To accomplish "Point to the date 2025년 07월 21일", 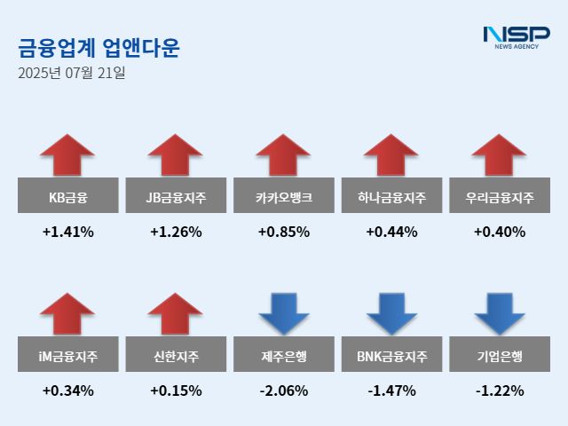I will (71, 72).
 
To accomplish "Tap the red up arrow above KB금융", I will (67, 154).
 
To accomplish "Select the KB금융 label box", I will (67, 196).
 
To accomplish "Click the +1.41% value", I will (67, 233).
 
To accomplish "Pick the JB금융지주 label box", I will (176, 196).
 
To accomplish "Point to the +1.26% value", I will (176, 233).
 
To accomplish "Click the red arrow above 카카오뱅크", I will (284, 154).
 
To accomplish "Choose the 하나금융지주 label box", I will (391, 196).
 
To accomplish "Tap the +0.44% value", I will (391, 233).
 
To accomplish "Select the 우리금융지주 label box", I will (500, 196).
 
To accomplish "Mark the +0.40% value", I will (500, 233).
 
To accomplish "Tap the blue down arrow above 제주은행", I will (284, 313).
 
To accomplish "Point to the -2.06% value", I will (284, 390).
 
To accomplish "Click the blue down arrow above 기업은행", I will (500, 313).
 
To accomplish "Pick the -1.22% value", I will (500, 390).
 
